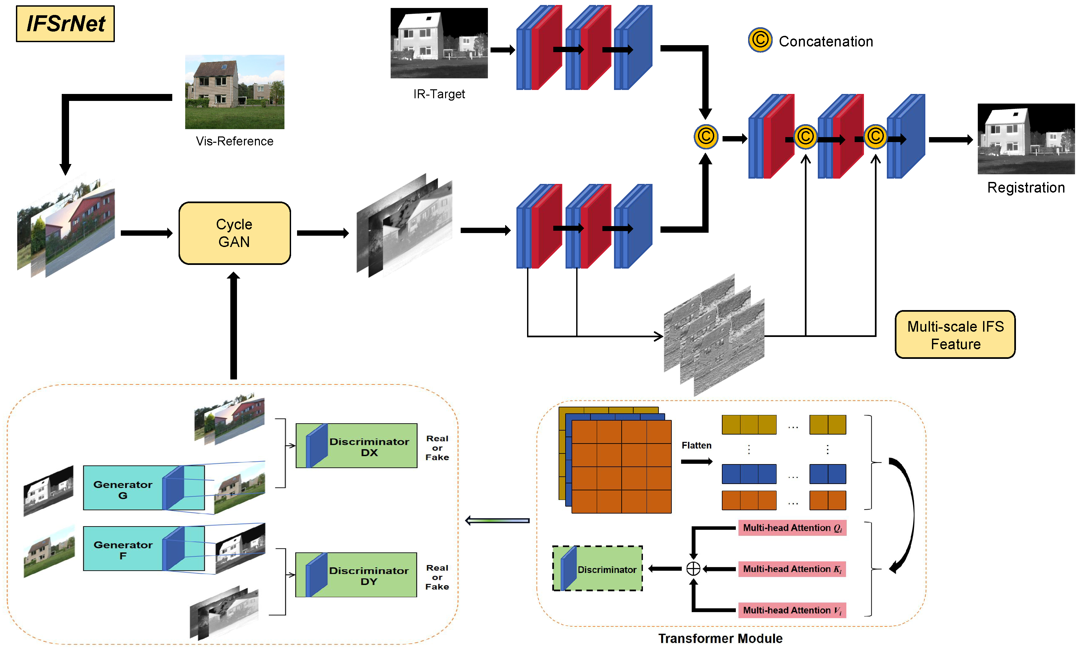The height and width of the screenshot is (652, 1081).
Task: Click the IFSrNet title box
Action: (65, 24)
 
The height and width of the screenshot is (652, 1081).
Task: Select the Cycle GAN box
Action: (235, 233)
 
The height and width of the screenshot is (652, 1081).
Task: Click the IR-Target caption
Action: (439, 94)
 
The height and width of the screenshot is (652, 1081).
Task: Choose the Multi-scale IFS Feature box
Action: (955, 335)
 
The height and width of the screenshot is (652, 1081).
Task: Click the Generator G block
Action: (144, 488)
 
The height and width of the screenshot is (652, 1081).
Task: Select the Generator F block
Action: (144, 548)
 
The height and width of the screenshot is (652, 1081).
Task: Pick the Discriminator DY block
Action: (356, 575)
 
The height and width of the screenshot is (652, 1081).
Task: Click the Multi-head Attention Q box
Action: (792, 528)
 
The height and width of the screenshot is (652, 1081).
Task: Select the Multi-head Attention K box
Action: (792, 569)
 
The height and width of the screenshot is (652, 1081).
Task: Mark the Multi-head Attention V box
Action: (792, 610)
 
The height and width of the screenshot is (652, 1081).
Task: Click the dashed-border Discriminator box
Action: (597, 569)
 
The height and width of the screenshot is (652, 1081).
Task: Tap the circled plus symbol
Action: (693, 569)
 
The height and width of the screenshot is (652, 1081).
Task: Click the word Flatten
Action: (696, 445)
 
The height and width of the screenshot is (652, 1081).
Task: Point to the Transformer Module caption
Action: (720, 638)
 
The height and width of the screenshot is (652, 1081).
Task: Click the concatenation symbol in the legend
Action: (760, 40)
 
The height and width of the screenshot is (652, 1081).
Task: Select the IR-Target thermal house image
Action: (439, 43)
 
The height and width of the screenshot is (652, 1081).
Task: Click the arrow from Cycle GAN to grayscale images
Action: (323, 233)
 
